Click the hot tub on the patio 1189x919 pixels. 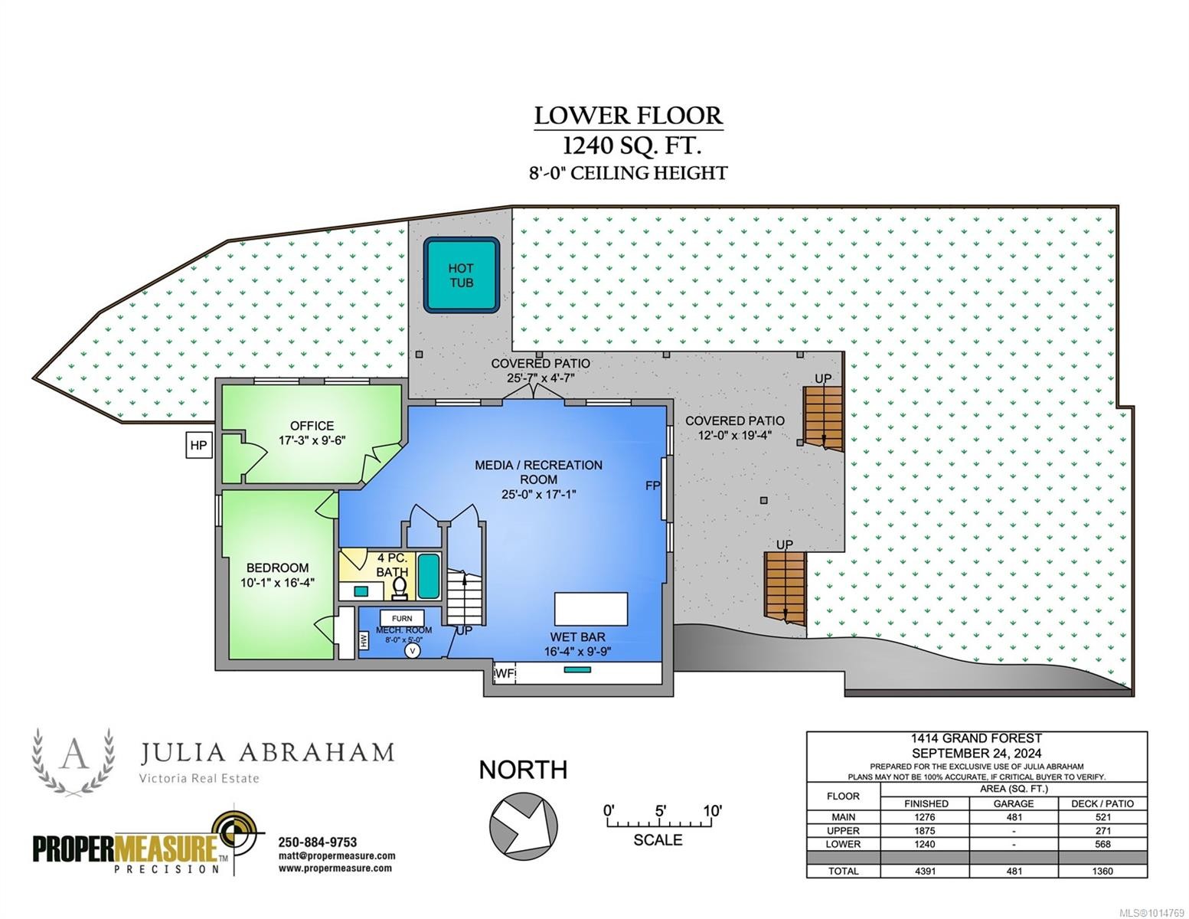461,275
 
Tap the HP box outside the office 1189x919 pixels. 198,446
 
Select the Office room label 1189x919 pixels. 312,433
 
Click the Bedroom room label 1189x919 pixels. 277,575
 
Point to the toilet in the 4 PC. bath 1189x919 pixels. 400,587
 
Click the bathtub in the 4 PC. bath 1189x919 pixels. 429,576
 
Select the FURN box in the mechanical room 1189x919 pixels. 402,618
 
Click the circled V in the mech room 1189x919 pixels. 413,651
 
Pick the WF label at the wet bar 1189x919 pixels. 505,673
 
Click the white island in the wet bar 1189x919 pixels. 590,610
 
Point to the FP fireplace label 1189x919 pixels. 652,486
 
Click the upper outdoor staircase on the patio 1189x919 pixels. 822,418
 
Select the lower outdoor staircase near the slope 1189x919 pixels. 785,587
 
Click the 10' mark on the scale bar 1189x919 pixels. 711,811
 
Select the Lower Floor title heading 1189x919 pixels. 628,116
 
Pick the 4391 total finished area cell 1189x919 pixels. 925,871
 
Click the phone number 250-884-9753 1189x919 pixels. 317,842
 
